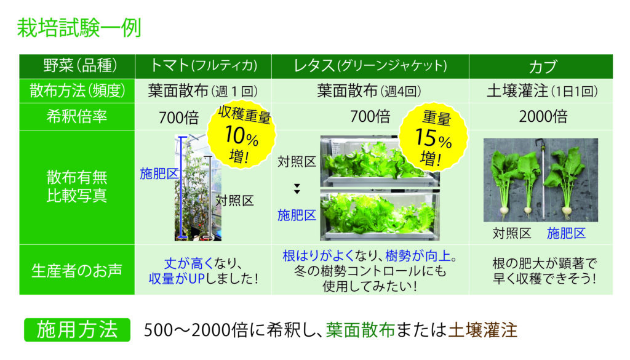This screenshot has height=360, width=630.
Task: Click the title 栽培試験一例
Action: click(79, 28)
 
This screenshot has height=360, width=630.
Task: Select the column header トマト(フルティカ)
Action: click(203, 65)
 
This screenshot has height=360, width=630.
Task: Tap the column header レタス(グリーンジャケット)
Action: click(370, 65)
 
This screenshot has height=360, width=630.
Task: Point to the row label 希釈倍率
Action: click(77, 116)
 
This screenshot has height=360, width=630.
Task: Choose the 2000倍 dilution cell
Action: click(543, 116)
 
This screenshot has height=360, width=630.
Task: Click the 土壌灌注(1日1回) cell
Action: click(542, 91)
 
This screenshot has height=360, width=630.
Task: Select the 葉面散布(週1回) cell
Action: click(203, 91)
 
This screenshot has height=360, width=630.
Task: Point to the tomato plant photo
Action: click(197, 188)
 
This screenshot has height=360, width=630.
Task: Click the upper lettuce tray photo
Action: click(380, 161)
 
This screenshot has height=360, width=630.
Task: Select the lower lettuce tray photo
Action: click(380, 216)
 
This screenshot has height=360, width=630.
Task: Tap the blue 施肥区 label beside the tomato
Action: click(159, 174)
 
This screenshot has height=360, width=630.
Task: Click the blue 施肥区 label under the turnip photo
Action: click(566, 233)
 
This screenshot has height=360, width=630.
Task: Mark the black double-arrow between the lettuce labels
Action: click(297, 189)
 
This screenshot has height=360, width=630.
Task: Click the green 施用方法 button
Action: click(77, 330)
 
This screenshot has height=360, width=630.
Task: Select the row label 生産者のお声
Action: click(77, 270)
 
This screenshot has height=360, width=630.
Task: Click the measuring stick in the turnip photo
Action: click(543, 180)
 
